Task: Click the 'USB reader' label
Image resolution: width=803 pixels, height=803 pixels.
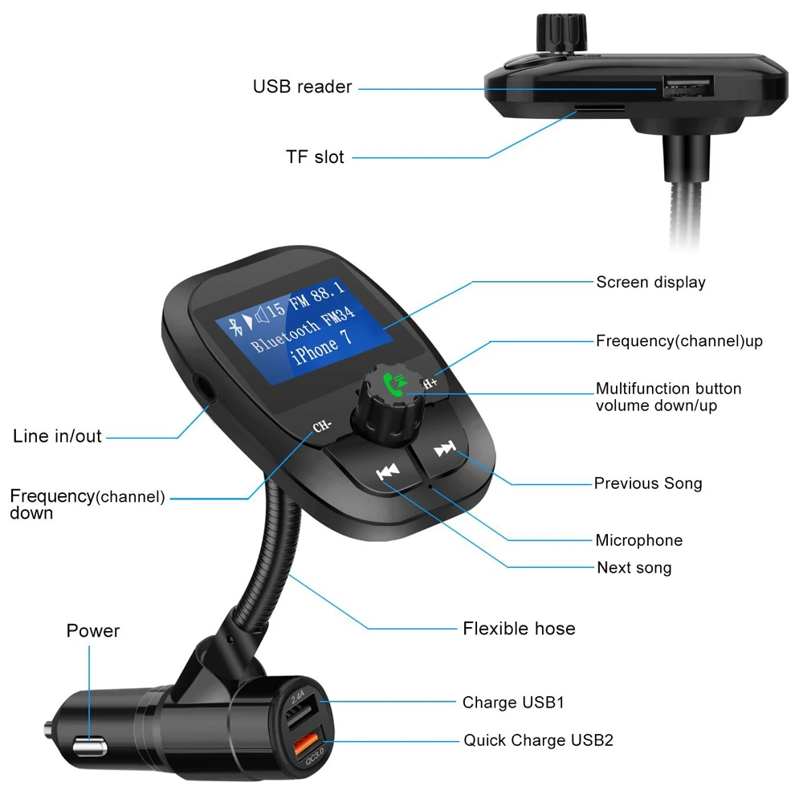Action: click(x=302, y=87)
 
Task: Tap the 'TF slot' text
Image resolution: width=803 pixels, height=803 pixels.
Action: click(x=315, y=157)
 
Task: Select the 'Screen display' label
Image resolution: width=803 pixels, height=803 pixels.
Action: click(x=650, y=282)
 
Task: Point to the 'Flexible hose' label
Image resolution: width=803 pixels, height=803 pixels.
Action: click(x=519, y=629)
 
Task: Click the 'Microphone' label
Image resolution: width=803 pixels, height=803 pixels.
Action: click(x=638, y=540)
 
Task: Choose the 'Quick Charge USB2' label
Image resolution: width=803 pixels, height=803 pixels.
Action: click(x=538, y=740)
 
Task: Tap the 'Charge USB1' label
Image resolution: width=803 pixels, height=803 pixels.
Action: click(x=513, y=702)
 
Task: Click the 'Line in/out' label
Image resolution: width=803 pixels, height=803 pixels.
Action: click(x=57, y=436)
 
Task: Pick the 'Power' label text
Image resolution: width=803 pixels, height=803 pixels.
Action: click(x=92, y=630)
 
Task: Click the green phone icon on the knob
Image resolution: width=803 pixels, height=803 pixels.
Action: click(x=395, y=384)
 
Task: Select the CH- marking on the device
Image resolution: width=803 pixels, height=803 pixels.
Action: click(x=322, y=426)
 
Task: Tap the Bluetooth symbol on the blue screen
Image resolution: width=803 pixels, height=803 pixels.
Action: click(x=235, y=327)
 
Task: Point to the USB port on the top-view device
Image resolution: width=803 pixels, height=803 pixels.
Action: click(x=688, y=86)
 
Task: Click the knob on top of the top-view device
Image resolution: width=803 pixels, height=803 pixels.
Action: click(x=561, y=33)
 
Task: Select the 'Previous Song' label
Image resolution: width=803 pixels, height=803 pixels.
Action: click(x=648, y=483)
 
